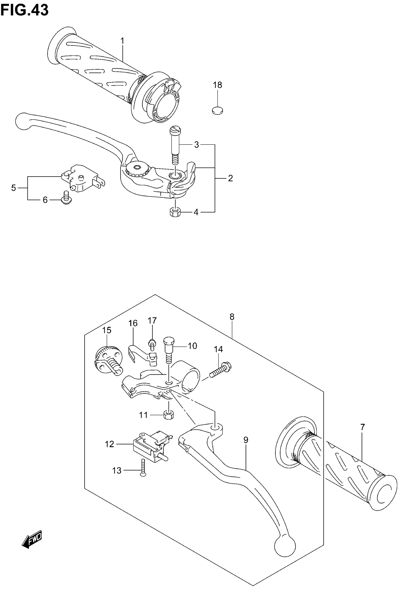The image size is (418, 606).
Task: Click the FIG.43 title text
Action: [x=24, y=11]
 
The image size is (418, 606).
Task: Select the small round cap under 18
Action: [x=217, y=111]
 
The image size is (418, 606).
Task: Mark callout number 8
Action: [x=232, y=317]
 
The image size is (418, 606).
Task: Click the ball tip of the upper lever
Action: [x=23, y=121]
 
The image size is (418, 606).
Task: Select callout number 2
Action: [x=230, y=178]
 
